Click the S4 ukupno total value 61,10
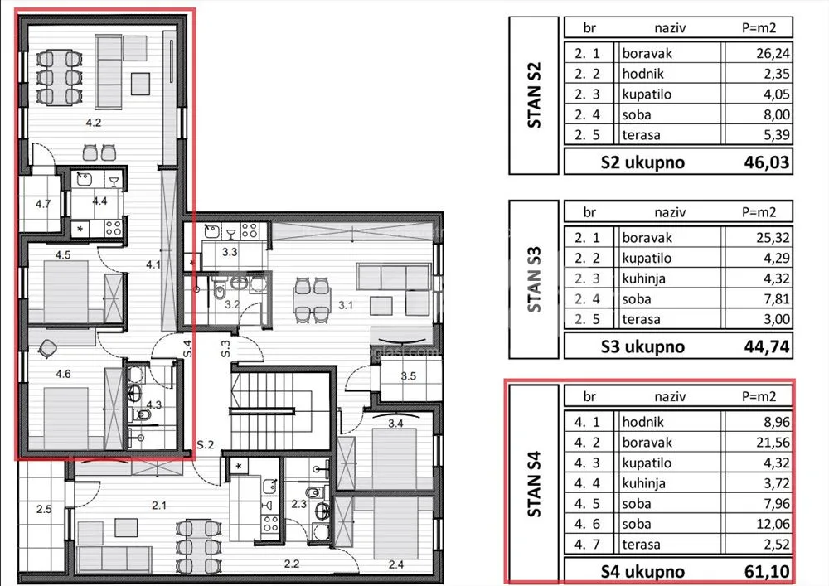pyautogui.click(x=767, y=571)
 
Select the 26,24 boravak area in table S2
pyautogui.click(x=773, y=53)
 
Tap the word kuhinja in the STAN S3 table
pyautogui.click(x=643, y=278)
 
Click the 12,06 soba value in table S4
pyautogui.click(x=773, y=524)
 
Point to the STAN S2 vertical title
pyautogui.click(x=534, y=95)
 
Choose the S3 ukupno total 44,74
pyautogui.click(x=767, y=346)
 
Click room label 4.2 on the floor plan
pyautogui.click(x=94, y=123)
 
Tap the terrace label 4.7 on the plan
pyautogui.click(x=43, y=203)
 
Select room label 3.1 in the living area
pyautogui.click(x=346, y=305)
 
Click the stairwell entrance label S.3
pyautogui.click(x=225, y=348)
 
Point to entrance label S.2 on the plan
pyautogui.click(x=205, y=445)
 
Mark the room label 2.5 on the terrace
pyautogui.click(x=44, y=510)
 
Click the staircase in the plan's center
pyautogui.click(x=262, y=404)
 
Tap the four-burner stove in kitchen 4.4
pyautogui.click(x=114, y=228)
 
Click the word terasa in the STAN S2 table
pyautogui.click(x=641, y=135)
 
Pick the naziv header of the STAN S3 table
pyautogui.click(x=670, y=212)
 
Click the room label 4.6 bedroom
pyautogui.click(x=64, y=374)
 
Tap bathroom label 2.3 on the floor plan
pyautogui.click(x=298, y=504)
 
